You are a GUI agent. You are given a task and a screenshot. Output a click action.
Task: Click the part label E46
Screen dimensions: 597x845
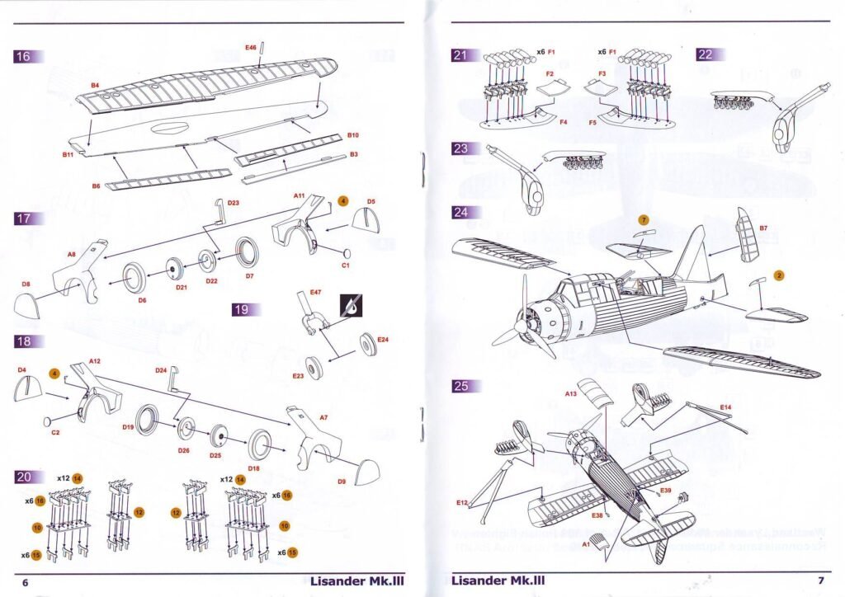tap(251, 49)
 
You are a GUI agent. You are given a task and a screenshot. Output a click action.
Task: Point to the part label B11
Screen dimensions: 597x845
tap(68, 154)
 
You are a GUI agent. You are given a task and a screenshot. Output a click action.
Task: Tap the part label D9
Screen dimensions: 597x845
tap(342, 482)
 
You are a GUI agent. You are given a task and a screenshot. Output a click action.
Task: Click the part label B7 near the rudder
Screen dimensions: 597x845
tap(764, 227)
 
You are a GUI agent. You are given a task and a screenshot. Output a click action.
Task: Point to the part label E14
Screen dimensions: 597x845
tap(725, 407)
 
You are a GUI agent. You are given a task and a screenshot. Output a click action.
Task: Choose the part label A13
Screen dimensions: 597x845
tap(571, 394)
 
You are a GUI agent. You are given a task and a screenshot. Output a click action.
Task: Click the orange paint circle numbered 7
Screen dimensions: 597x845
tap(644, 220)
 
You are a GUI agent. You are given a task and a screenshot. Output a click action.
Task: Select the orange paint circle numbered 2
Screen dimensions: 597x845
tap(777, 275)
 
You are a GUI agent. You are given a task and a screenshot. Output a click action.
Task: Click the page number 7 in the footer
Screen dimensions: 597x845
tap(821, 581)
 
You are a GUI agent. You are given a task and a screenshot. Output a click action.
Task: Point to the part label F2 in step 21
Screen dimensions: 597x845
tap(549, 74)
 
